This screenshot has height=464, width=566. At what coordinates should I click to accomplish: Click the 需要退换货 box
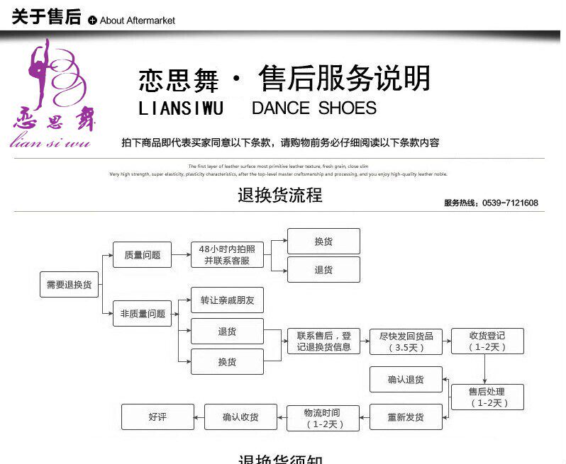point(69,284)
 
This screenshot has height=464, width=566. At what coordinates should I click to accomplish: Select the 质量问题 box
point(142,255)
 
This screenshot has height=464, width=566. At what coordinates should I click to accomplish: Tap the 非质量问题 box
point(142,313)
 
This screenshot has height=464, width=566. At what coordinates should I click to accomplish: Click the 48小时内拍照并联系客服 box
point(227,254)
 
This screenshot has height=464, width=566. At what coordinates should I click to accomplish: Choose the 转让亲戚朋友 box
point(227,300)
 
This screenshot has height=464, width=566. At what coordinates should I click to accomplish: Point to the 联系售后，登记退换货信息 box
point(323,341)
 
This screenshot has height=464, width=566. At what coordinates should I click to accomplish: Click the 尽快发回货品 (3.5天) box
point(406,341)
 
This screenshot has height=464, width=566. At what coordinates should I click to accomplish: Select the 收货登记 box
point(487,341)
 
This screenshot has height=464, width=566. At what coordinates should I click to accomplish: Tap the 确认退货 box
point(406,380)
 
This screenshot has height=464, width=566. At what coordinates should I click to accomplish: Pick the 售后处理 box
point(487,397)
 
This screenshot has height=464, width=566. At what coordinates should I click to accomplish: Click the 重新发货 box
point(406,417)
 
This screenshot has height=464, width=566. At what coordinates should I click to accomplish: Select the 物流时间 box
point(323,418)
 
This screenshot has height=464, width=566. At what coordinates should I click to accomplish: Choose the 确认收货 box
point(240,417)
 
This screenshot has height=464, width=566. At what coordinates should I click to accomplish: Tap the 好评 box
point(157,417)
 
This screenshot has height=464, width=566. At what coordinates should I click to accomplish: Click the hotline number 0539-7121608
point(510,203)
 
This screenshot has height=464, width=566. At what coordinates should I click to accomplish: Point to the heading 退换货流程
point(280,195)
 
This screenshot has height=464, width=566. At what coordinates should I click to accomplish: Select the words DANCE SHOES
point(313,108)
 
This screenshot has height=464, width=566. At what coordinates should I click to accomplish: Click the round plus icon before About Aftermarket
point(92,21)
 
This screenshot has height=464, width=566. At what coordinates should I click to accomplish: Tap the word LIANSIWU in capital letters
point(181,108)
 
